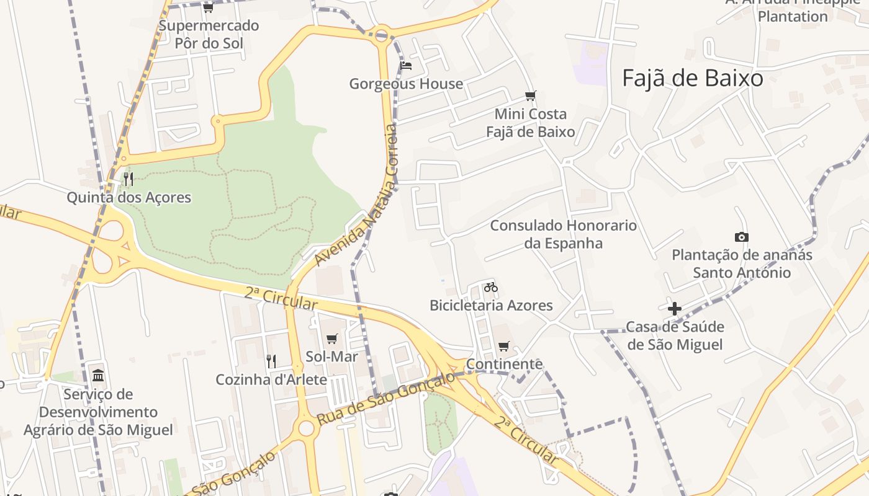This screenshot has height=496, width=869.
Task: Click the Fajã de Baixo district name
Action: pyautogui.click(x=692, y=78)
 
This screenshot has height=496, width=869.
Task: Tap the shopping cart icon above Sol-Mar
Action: pyautogui.click(x=332, y=339)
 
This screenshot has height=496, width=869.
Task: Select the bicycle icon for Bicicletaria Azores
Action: pyautogui.click(x=491, y=287)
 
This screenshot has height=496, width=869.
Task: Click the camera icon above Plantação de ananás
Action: pyautogui.click(x=741, y=237)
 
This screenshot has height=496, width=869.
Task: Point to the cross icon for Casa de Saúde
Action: pyautogui.click(x=675, y=308)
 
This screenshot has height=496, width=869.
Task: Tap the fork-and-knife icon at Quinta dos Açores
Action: pyautogui.click(x=128, y=179)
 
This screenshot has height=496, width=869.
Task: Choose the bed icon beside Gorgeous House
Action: pyautogui.click(x=407, y=65)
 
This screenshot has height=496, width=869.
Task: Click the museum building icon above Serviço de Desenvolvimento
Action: pyautogui.click(x=98, y=375)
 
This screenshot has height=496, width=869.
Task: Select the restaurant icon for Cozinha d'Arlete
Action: pyautogui.click(x=271, y=361)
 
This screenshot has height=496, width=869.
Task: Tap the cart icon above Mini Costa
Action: pyautogui.click(x=530, y=95)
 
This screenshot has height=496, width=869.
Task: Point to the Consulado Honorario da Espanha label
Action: pyautogui.click(x=564, y=234)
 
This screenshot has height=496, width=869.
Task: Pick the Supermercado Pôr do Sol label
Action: pyautogui.click(x=209, y=35)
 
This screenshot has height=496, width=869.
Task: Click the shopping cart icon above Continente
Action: pyautogui.click(x=503, y=346)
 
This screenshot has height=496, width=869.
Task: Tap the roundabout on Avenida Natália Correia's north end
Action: pyautogui.click(x=381, y=34)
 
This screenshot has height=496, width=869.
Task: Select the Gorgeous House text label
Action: pyautogui.click(x=406, y=84)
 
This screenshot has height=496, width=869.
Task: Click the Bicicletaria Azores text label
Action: pyautogui.click(x=491, y=305)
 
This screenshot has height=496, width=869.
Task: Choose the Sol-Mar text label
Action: pyautogui.click(x=332, y=356)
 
